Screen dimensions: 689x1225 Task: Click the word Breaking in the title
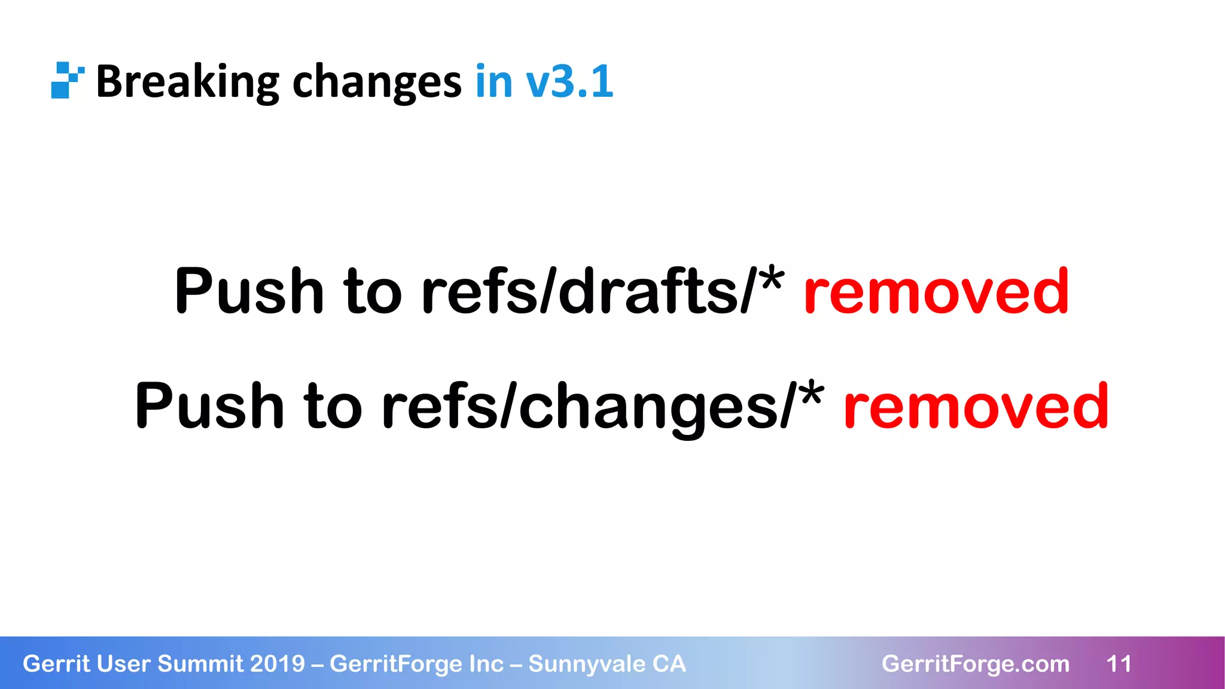coord(187,81)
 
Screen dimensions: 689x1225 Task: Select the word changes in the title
coord(376,81)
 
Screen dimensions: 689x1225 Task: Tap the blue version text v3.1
coord(569,81)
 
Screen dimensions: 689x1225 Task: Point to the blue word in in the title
coord(494,81)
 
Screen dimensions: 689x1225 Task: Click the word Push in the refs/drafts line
coord(249,291)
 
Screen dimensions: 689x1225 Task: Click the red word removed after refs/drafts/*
coord(936,291)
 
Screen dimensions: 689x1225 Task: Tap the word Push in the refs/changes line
coord(209,406)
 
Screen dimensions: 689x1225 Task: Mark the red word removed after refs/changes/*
coord(976,406)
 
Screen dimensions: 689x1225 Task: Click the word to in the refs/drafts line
coord(373,291)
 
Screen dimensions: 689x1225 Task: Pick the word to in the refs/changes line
coord(333,406)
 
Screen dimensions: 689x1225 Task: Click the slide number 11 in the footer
coord(1119,664)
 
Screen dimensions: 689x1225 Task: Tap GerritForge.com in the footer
coord(976,664)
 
